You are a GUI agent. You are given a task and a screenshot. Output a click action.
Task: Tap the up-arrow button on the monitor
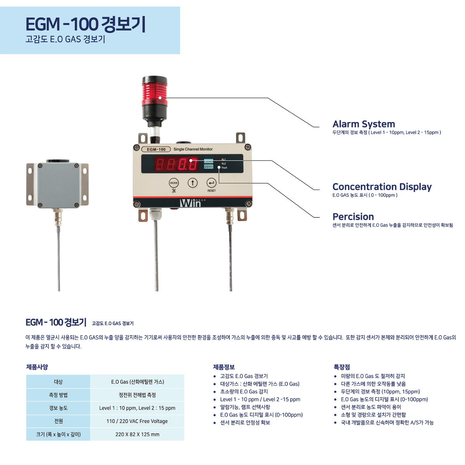193,183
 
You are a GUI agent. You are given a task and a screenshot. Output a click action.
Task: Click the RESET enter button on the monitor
212,183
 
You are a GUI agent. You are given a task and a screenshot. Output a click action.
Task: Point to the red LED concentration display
176,164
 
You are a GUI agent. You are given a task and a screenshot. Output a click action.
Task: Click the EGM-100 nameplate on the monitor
156,149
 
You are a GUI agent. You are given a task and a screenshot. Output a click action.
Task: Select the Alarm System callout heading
363,124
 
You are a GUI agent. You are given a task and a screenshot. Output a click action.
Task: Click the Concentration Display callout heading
382,187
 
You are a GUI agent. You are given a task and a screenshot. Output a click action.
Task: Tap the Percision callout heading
353,217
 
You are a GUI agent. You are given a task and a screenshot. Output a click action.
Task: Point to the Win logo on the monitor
191,203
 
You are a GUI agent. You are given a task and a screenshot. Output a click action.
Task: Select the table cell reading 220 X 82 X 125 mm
137,434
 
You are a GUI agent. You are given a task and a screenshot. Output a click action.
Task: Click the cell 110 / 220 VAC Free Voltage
137,421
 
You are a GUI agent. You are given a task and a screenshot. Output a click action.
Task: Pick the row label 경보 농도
58,408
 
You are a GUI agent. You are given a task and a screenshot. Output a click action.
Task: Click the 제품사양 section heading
37,367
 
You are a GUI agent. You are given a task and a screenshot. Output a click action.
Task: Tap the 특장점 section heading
342,367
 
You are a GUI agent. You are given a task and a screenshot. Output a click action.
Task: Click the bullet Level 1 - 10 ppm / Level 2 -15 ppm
260,400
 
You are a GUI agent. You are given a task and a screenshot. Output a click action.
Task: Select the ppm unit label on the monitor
208,167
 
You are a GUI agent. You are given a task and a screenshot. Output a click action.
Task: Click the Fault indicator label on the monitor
224,168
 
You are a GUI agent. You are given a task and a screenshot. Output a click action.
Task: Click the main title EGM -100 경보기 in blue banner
85,24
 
